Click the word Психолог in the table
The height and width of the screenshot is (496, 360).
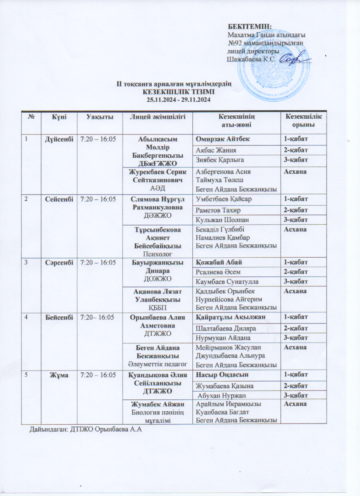156,254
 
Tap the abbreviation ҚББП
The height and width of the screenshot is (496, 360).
156,307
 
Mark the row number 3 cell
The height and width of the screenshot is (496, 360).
27,262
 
